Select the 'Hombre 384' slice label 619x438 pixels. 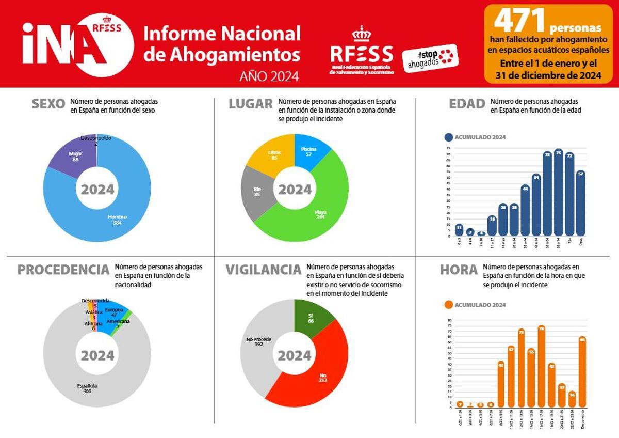tap(117, 220)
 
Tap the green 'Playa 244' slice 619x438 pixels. tap(320, 215)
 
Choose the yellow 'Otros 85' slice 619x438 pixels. tap(274, 155)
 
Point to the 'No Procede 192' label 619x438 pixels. tap(258, 341)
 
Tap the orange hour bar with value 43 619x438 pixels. tap(500, 384)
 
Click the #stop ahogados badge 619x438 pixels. tap(430, 58)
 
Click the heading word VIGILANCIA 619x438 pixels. tap(263, 270)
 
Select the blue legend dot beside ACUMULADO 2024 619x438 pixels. tap(448, 137)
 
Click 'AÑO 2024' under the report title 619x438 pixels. tap(269, 76)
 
